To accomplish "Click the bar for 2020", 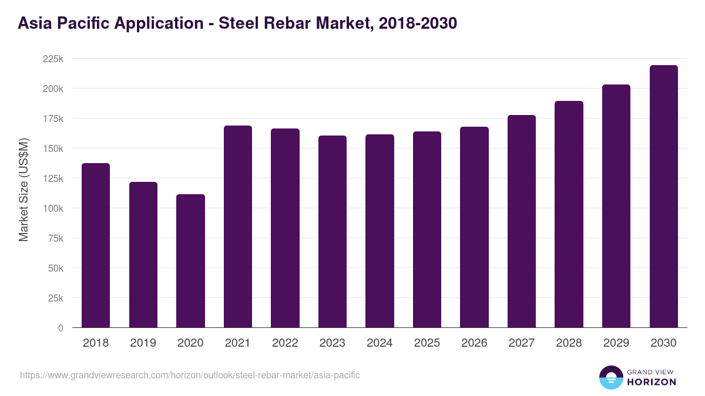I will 190,261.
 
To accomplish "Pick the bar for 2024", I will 380,231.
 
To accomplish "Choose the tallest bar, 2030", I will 663,197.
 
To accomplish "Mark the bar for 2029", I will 616,206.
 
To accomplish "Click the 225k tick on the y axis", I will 53,59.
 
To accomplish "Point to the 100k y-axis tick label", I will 53,208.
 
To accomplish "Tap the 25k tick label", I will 55,298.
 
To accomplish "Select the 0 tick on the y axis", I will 61,328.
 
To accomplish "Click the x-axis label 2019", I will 143,343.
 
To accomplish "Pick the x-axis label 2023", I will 333,343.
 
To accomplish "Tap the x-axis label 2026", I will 474,343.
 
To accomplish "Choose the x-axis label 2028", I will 569,343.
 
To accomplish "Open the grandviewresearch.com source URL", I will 190,375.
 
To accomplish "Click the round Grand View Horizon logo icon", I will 611,377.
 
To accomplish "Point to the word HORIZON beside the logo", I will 652,382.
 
